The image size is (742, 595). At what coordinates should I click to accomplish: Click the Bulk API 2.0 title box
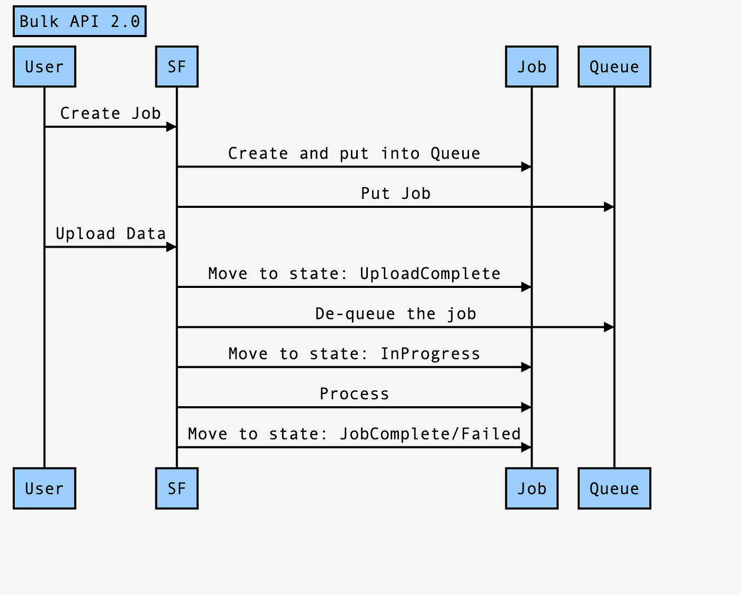click(x=79, y=21)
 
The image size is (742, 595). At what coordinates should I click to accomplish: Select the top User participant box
click(x=45, y=67)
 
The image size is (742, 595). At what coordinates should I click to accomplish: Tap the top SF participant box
click(x=177, y=67)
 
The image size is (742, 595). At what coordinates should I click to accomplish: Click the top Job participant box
click(x=532, y=67)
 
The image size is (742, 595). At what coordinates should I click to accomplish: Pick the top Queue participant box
click(x=614, y=67)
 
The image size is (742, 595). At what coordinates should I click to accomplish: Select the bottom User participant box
click(x=45, y=488)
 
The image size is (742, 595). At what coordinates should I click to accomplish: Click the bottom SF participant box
click(x=177, y=488)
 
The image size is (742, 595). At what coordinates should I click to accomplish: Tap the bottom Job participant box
click(x=532, y=488)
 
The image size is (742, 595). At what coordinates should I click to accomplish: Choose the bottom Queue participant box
click(x=614, y=488)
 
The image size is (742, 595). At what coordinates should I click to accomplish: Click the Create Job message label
click(x=110, y=113)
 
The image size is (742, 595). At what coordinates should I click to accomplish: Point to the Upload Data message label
click(x=111, y=234)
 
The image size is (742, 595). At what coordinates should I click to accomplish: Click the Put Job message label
click(x=395, y=193)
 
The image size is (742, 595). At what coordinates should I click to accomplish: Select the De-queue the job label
click(x=395, y=314)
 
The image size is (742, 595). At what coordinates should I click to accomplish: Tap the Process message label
click(x=354, y=394)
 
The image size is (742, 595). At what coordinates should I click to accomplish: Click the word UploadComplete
click(x=430, y=274)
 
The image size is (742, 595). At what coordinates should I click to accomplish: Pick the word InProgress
click(x=430, y=354)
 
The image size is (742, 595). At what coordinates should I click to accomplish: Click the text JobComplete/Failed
click(x=430, y=434)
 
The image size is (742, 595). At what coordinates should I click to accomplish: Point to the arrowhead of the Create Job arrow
click(x=171, y=127)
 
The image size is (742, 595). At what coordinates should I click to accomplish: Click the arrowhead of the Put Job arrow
click(x=609, y=207)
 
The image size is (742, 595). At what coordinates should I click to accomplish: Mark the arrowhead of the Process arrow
click(x=526, y=407)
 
